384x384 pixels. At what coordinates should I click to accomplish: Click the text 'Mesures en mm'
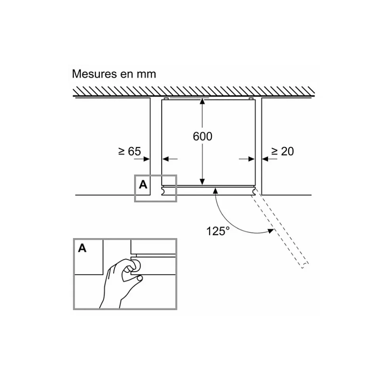(114, 74)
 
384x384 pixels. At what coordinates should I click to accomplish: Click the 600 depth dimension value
(202, 136)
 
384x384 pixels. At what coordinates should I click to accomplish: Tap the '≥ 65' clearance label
(129, 151)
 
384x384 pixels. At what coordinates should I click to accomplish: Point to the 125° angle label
(218, 231)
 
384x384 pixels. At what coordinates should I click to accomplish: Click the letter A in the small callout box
(143, 184)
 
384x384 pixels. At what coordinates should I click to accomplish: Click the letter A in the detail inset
(82, 248)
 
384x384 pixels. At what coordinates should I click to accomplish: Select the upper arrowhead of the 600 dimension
(202, 101)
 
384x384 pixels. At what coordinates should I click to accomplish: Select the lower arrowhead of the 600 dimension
(202, 182)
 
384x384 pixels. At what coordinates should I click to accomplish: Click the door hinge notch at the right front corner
(254, 191)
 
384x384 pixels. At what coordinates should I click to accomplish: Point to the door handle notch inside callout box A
(163, 191)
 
